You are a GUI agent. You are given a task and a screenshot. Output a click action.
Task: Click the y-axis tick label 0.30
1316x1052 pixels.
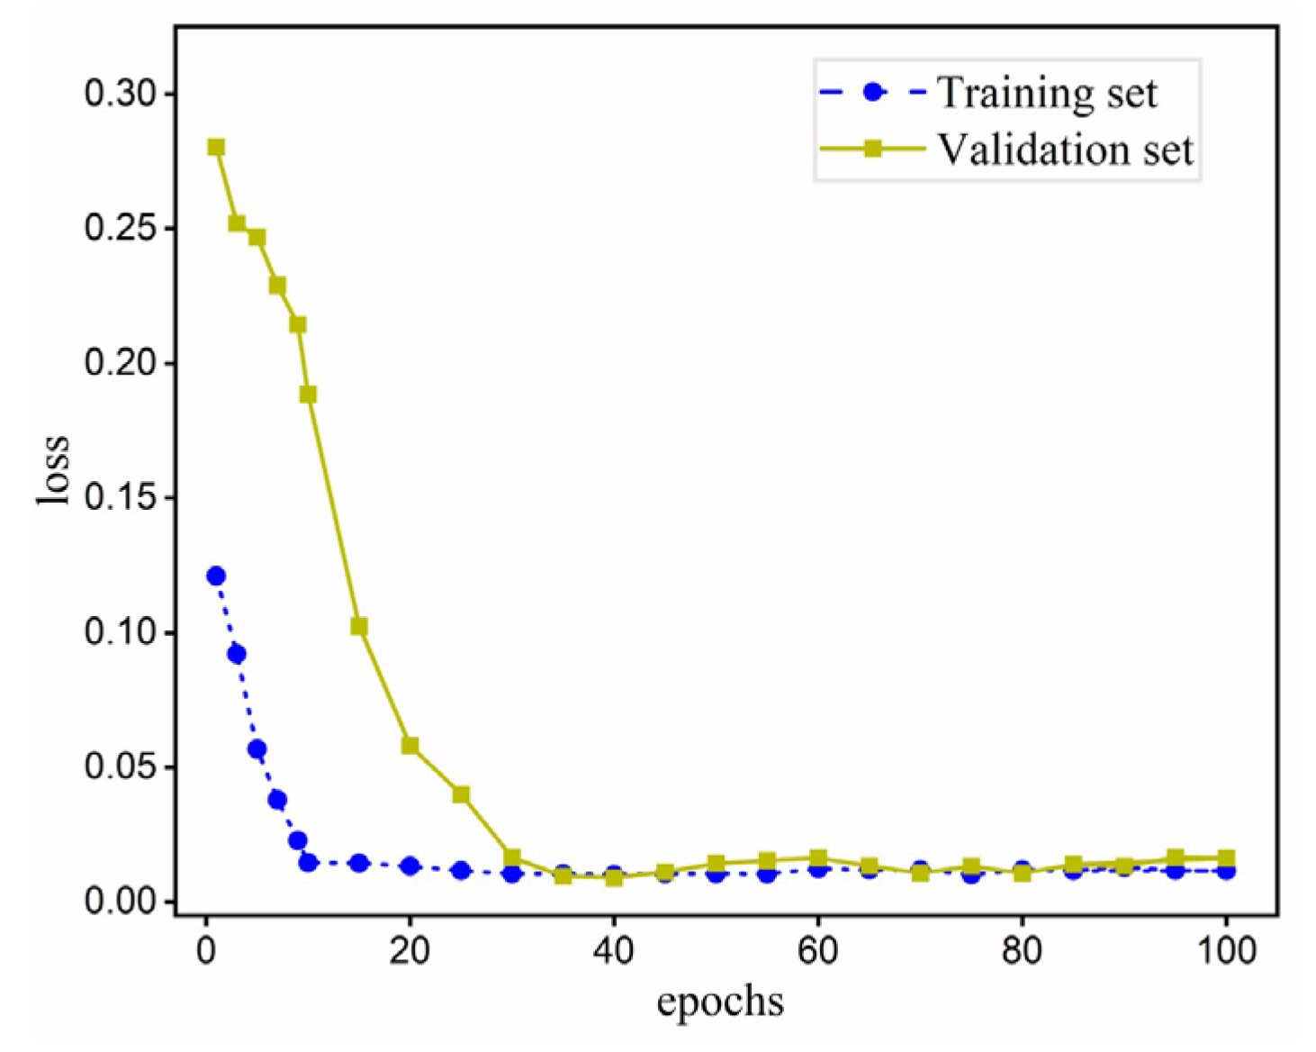119,94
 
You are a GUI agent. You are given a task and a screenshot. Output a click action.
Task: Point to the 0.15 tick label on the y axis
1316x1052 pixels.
119,497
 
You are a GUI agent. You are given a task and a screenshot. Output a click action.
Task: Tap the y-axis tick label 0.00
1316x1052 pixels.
119,902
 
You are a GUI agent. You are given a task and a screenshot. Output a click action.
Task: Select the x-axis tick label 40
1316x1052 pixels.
614,951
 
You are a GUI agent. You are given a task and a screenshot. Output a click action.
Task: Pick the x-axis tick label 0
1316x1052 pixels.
206,951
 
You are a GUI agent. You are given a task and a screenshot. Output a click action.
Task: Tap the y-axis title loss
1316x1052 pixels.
52,469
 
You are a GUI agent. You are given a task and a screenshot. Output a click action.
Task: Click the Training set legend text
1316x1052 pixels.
1048,93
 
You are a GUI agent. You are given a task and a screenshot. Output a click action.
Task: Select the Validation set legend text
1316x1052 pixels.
1066,150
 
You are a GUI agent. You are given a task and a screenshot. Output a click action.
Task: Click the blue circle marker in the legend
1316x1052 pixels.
871,92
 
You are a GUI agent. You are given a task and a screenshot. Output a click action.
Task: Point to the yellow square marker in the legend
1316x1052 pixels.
871,149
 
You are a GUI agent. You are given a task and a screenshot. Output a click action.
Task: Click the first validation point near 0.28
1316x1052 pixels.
216,147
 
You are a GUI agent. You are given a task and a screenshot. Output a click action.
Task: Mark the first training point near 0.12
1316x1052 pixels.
216,576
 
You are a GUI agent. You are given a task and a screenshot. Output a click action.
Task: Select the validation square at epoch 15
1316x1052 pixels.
359,627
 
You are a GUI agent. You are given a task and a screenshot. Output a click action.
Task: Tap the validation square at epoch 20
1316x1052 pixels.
410,746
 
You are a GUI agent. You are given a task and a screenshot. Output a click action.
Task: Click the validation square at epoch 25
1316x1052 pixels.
461,794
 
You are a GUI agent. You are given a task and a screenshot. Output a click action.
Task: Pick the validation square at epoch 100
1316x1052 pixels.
1225,857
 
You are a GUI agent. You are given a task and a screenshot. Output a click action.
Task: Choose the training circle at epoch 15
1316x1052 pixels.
359,863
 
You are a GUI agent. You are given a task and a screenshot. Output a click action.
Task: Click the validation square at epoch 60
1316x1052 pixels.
818,857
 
